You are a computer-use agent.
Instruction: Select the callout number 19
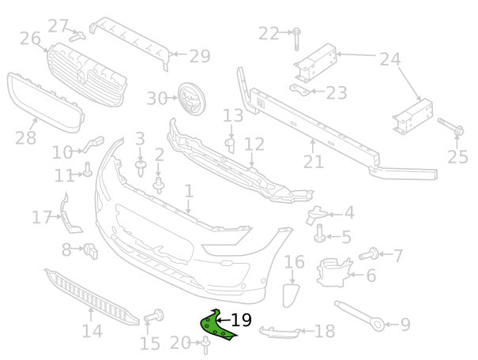[241, 320]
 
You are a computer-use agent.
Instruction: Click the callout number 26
[30, 38]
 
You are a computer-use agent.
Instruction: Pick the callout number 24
[390, 58]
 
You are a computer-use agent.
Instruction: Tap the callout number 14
[92, 331]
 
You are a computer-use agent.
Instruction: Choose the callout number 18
[324, 331]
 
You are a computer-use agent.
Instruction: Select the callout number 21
[314, 162]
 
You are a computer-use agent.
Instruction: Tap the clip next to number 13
[231, 145]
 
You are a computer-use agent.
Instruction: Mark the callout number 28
[25, 139]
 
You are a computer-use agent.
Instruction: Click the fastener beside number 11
[88, 169]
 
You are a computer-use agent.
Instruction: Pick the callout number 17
[41, 216]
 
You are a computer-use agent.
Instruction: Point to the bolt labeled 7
[369, 254]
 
